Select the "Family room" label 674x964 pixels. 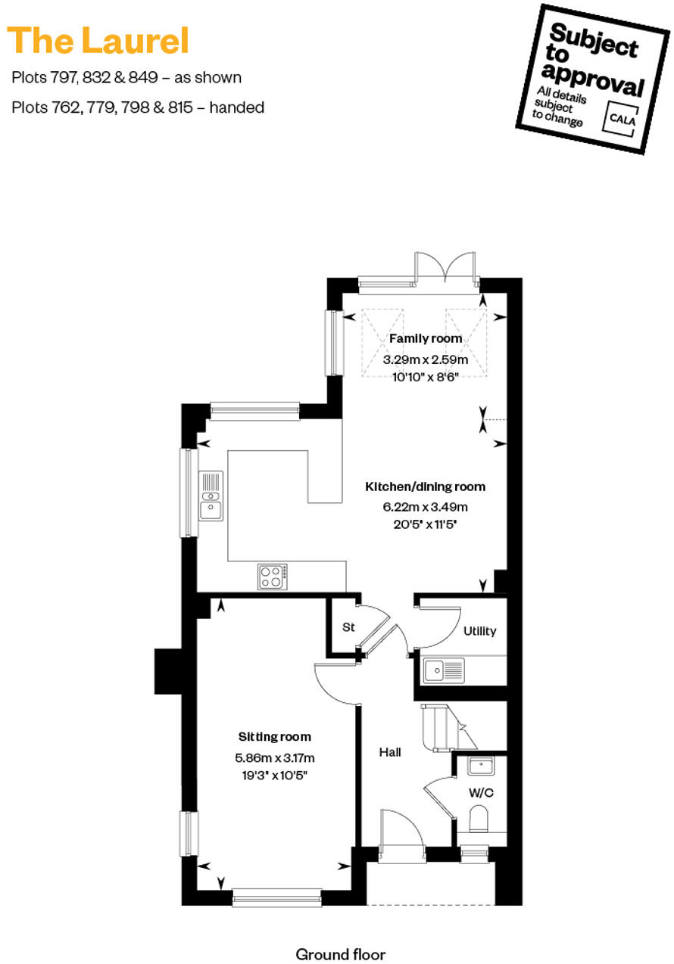(425, 338)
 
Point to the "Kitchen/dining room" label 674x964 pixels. (425, 487)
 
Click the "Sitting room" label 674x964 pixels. (274, 736)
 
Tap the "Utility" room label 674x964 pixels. (479, 630)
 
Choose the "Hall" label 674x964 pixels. (390, 752)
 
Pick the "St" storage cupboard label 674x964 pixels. (348, 627)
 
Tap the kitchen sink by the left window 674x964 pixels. (211, 496)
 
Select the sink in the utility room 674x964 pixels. (444, 670)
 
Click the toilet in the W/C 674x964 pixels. (479, 819)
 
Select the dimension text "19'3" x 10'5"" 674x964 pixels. (274, 774)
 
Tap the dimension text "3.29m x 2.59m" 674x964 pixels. (425, 359)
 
